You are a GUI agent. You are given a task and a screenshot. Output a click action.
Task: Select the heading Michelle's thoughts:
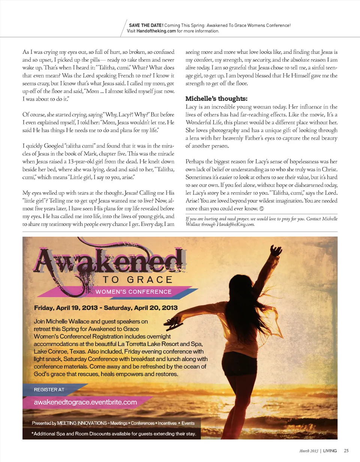point(216,99)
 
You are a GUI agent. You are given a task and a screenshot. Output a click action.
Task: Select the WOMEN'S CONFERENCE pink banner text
point(133,292)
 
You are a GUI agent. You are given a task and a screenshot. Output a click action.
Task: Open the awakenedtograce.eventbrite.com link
point(85,402)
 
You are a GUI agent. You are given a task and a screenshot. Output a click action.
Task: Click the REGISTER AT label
point(49,390)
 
